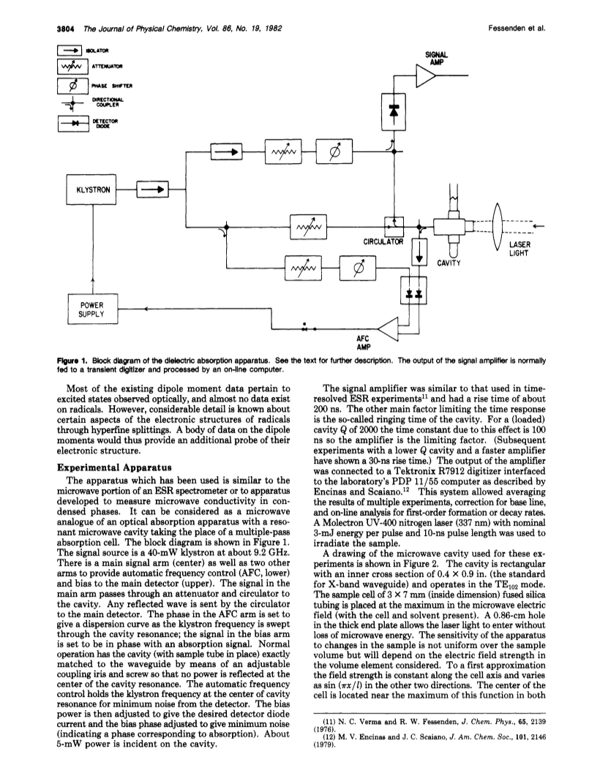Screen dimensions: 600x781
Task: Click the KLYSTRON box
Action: pos(91,189)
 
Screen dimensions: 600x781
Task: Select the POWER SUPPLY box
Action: pos(92,309)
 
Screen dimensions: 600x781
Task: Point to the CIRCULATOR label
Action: pos(383,242)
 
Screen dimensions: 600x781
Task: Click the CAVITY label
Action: pos(449,263)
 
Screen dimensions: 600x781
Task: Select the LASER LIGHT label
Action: pos(520,249)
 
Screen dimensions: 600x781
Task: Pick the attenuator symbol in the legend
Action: pos(72,67)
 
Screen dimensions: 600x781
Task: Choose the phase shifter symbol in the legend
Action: pos(72,86)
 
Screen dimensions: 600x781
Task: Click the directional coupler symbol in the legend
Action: pos(72,104)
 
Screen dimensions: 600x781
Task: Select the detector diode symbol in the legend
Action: pos(74,123)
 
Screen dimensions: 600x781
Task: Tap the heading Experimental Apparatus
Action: pos(115,468)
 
